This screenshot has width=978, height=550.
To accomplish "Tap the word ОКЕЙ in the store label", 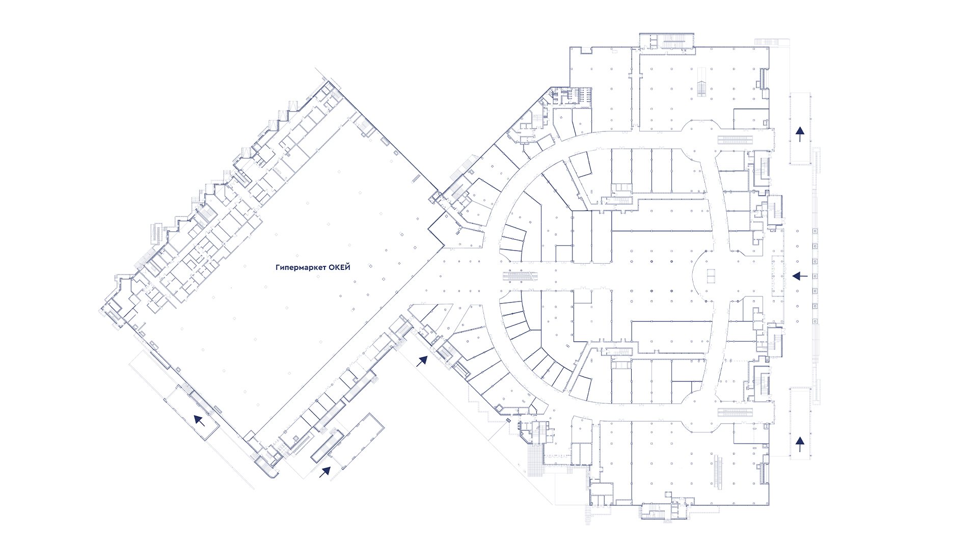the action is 340,267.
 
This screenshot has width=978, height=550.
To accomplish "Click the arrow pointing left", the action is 800,276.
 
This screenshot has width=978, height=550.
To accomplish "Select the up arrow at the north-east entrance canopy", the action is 800,134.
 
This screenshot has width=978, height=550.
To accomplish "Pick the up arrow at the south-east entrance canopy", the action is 800,444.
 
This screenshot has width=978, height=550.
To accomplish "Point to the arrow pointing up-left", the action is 199,420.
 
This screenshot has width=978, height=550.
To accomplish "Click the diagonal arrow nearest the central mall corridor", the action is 422,362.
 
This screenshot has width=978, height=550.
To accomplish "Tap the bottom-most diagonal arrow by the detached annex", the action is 324,472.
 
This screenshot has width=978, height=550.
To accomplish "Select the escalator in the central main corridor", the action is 520,276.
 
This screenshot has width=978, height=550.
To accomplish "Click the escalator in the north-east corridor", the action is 736,140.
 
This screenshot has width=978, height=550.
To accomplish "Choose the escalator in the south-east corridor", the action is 736,412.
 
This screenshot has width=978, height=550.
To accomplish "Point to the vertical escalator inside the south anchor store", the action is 719,473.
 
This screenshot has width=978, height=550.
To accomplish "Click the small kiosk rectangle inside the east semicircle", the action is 712,276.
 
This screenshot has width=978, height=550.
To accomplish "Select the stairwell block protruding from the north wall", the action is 667,41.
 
